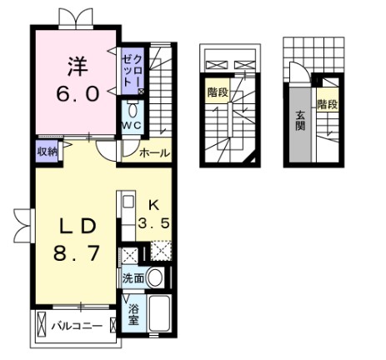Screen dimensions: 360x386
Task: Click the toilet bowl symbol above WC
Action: click(x=133, y=109)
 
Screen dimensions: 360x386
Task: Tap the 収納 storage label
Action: click(x=47, y=152)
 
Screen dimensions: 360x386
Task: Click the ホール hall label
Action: click(x=154, y=153)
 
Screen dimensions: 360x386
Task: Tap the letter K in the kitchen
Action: click(x=153, y=205)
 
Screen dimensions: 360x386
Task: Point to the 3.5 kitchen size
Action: click(x=153, y=223)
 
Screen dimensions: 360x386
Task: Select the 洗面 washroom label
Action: click(x=133, y=277)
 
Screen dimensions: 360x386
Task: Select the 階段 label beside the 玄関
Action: click(x=325, y=104)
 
